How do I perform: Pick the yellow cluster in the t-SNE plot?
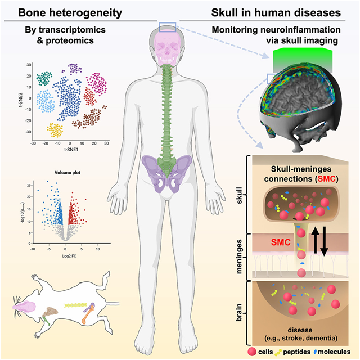pos(55,130)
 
